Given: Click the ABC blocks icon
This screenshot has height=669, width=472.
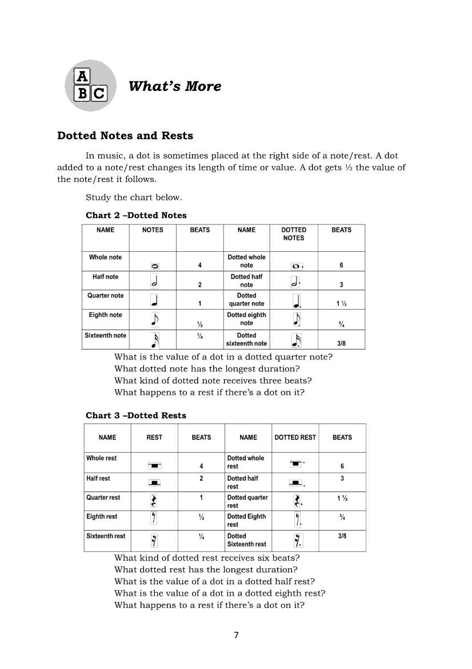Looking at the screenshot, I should tap(90, 86).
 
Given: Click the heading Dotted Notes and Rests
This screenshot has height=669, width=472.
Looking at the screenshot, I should tap(125, 136).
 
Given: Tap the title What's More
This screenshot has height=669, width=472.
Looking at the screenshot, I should tap(175, 86).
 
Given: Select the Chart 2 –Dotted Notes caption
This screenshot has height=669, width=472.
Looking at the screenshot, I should tap(136, 215).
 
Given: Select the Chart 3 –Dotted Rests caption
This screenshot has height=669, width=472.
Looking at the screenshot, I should tap(136, 415).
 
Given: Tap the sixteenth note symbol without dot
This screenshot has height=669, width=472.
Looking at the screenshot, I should tap(155, 340).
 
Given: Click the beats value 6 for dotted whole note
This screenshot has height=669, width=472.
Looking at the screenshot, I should tap(341, 266).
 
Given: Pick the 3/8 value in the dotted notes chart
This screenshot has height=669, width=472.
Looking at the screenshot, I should tap(341, 344).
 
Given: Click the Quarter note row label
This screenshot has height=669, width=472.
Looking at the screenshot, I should tap(105, 296).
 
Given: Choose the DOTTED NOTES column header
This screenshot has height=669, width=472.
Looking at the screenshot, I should tap(294, 233).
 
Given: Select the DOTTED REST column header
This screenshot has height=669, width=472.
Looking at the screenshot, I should tap(295, 437).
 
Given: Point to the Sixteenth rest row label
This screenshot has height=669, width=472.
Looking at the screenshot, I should tap(106, 536).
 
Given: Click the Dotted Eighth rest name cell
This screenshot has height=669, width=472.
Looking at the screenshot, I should tap(247, 520).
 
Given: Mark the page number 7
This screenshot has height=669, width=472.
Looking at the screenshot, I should tap(236, 635).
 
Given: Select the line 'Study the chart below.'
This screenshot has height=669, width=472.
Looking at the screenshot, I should tap(134, 197).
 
